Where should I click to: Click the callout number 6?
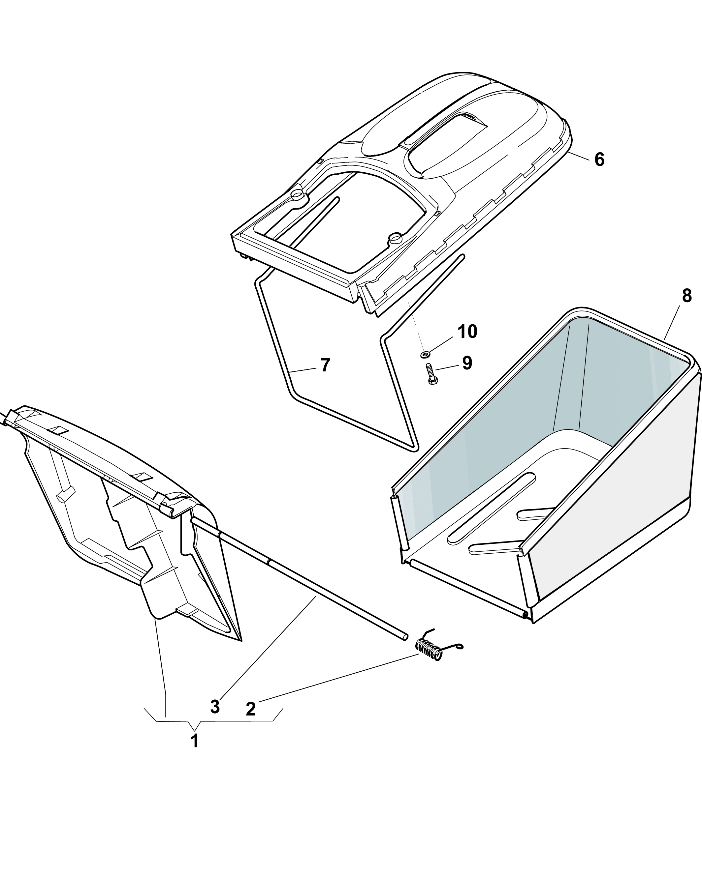tap(599, 160)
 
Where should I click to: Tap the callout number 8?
tap(686, 296)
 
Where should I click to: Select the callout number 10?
tap(467, 332)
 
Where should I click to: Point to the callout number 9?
tap(467, 363)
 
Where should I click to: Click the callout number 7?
tap(325, 365)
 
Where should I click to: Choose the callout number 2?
tap(251, 709)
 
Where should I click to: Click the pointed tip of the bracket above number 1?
tap(195, 730)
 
